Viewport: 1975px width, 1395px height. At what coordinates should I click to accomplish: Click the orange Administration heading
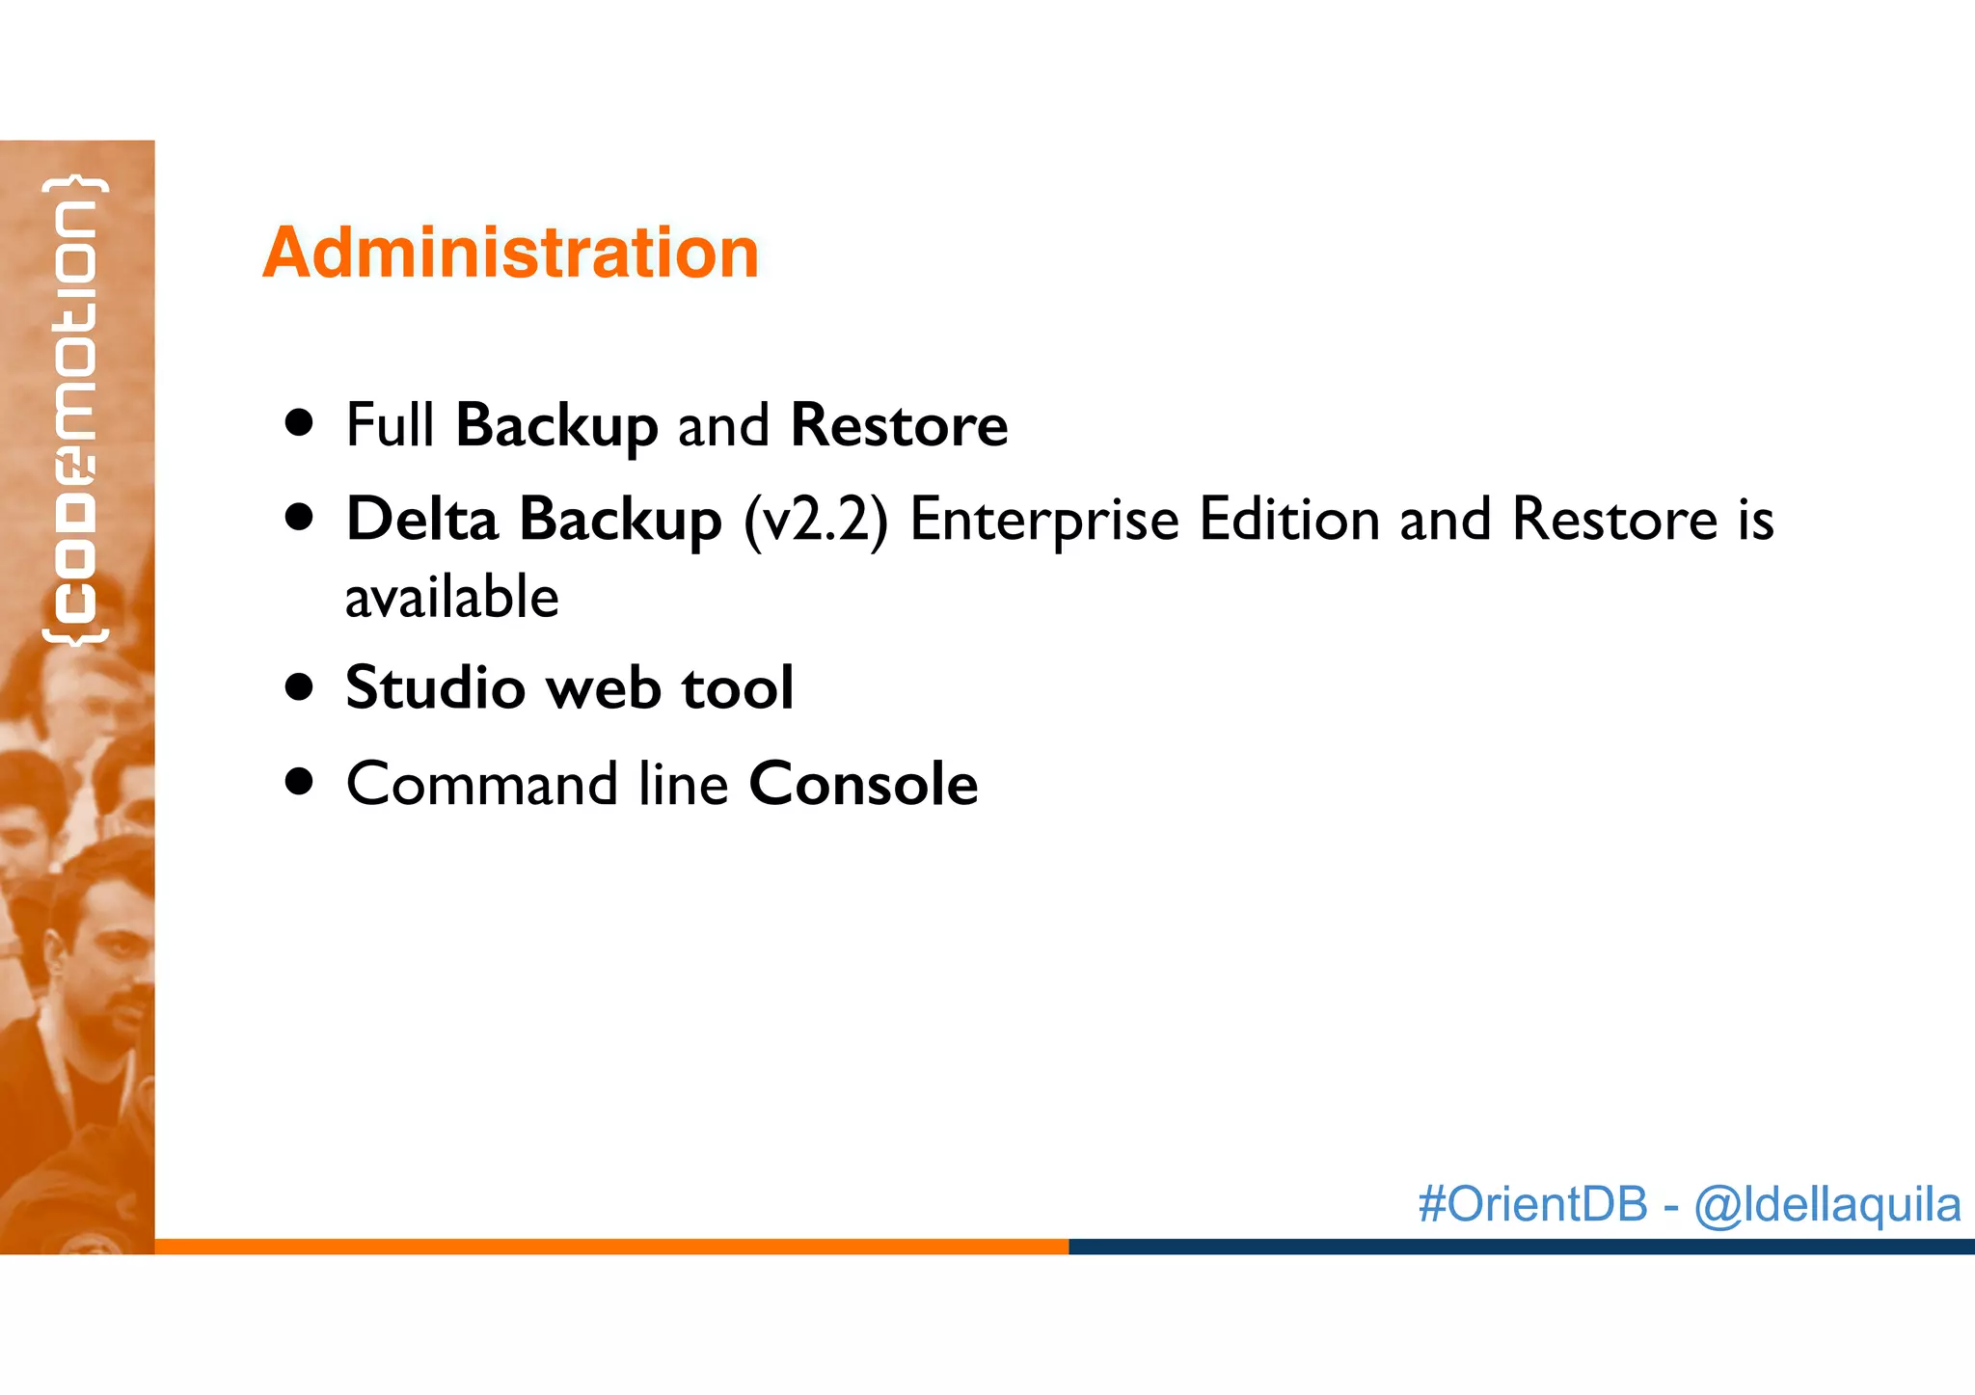pos(510,253)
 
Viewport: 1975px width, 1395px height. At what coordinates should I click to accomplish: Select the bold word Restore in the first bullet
pos(898,425)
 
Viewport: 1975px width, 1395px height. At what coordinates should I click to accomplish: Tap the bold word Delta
pos(421,520)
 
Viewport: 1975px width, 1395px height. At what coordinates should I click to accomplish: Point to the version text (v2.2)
pos(815,521)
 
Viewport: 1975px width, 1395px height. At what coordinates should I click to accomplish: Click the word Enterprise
pos(1043,520)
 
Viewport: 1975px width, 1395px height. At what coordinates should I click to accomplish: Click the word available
pos(451,598)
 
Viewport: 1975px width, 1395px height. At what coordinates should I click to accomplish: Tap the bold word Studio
pos(435,688)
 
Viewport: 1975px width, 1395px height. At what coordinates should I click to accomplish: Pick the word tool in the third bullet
pos(737,688)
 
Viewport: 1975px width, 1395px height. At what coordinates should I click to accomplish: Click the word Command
pos(481,784)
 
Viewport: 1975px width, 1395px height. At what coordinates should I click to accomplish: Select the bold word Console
pos(863,784)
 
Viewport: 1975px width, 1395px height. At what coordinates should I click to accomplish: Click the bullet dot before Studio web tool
pos(300,688)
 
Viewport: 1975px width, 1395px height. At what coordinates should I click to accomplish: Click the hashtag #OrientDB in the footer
pos(1532,1204)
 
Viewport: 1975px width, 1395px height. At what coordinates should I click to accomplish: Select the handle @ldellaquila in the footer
pos(1826,1204)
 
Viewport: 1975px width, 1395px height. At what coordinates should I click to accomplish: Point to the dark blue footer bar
pos(1521,1247)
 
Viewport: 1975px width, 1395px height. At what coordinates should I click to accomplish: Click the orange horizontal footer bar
pos(611,1247)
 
